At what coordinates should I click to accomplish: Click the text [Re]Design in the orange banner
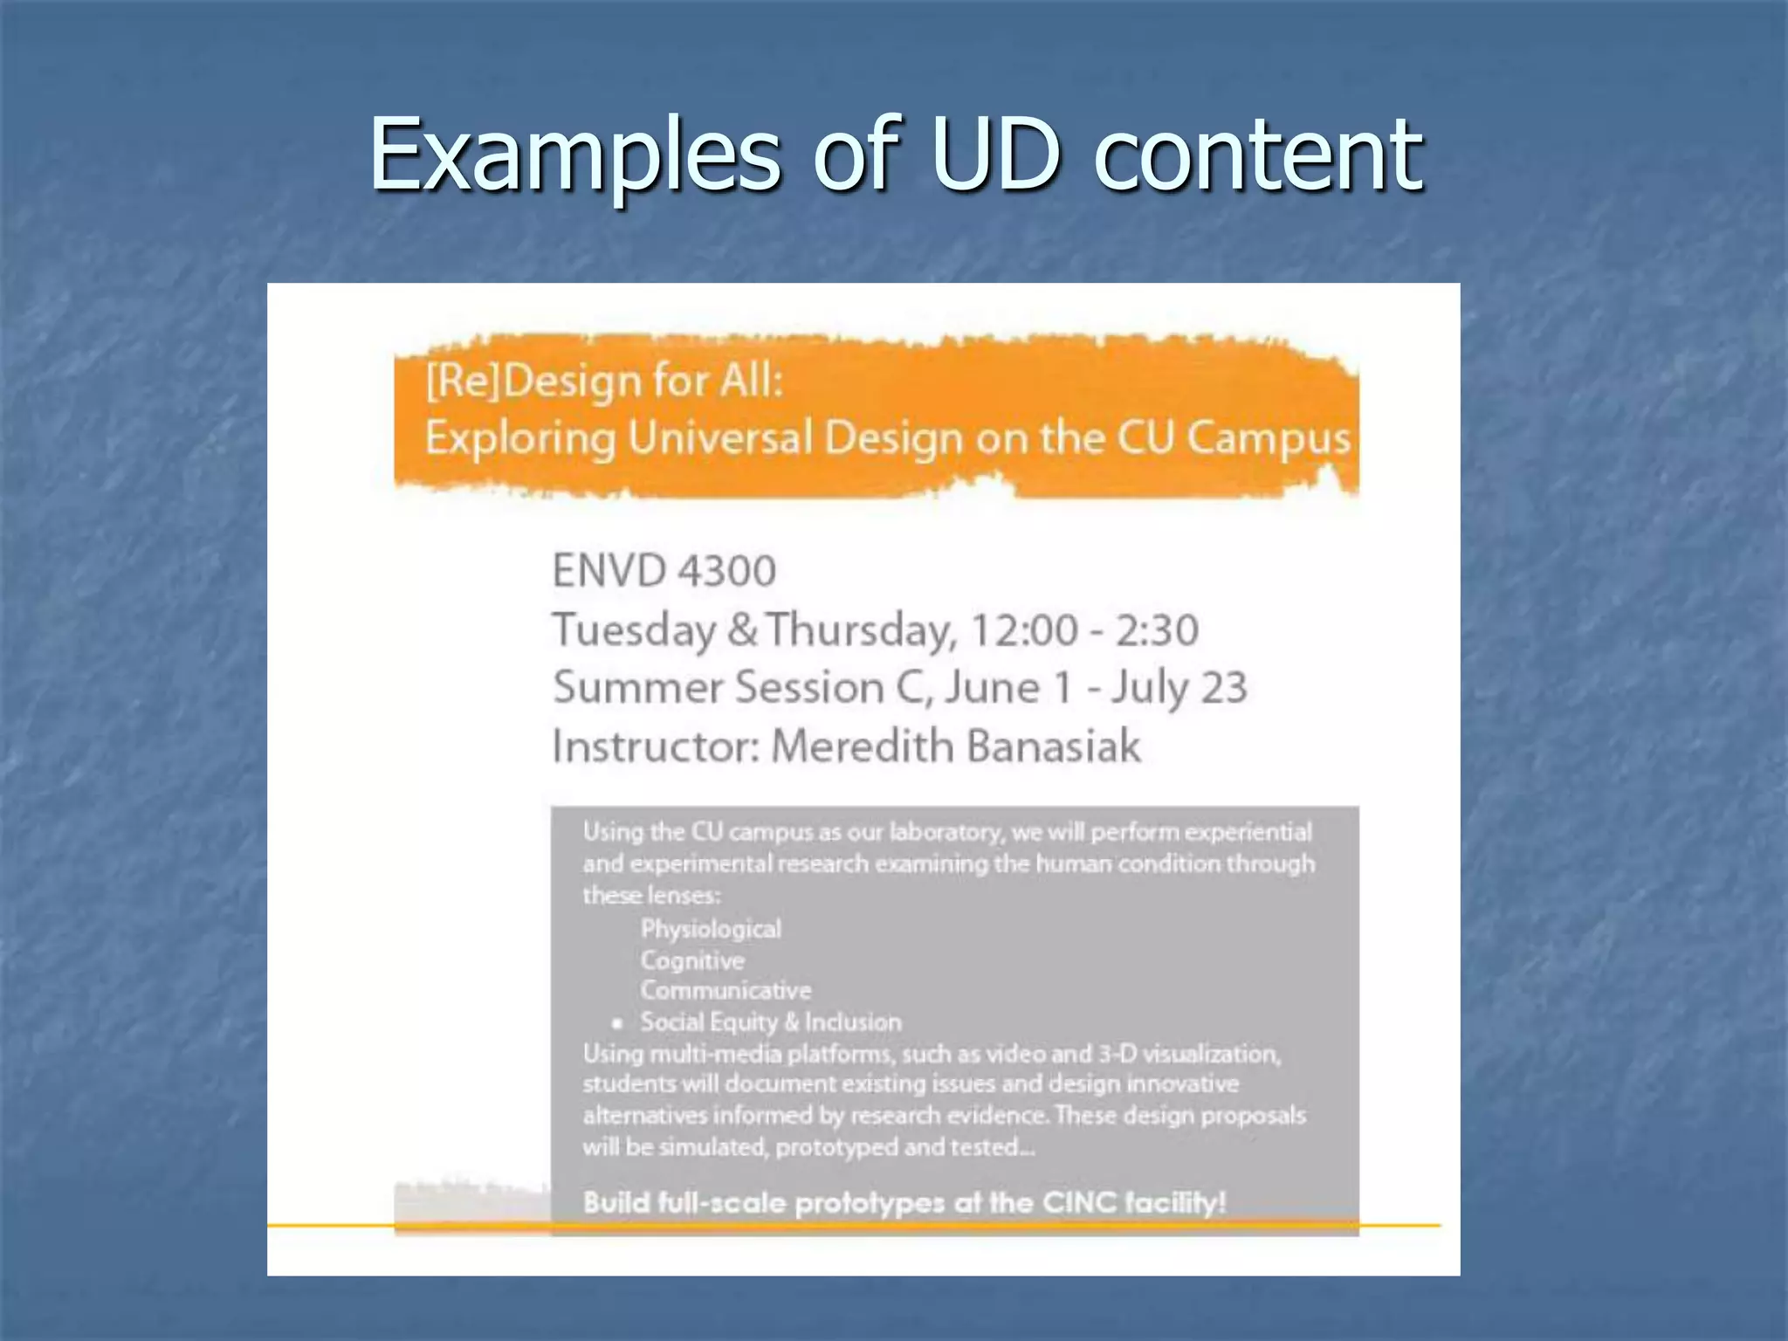click(533, 382)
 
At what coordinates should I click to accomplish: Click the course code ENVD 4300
click(664, 572)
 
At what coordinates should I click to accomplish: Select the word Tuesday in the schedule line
click(634, 630)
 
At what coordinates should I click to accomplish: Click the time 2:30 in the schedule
click(1157, 630)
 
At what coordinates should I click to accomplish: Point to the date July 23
click(1179, 688)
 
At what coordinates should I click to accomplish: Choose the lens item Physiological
click(711, 929)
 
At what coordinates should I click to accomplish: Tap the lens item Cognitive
click(692, 960)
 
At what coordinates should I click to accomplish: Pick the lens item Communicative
click(726, 991)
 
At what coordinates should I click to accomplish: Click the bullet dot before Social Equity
click(617, 1023)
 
